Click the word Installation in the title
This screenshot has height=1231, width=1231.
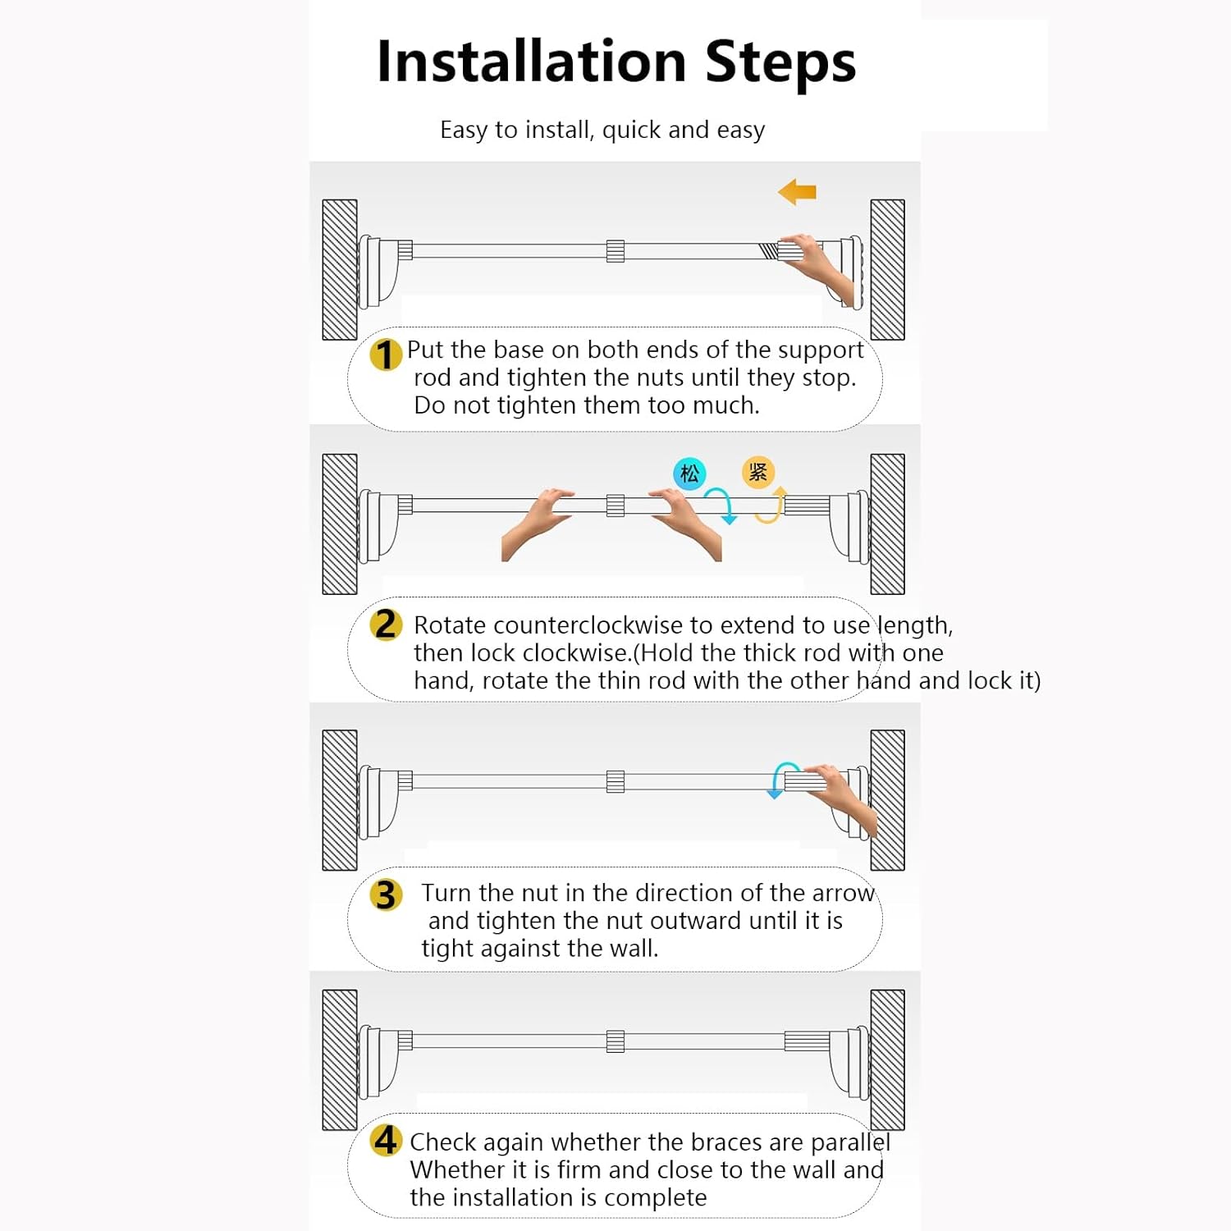pyautogui.click(x=531, y=62)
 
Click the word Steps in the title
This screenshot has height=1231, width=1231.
pyautogui.click(x=780, y=64)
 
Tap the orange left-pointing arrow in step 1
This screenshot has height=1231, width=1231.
pyautogui.click(x=797, y=192)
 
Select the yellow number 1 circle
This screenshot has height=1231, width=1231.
pyautogui.click(x=385, y=355)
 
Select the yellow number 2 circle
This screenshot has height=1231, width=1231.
pyautogui.click(x=386, y=625)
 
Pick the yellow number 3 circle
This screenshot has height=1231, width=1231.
pyautogui.click(x=386, y=895)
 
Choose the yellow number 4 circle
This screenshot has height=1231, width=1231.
pyautogui.click(x=386, y=1140)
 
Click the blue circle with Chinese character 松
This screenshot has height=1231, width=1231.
pyautogui.click(x=689, y=474)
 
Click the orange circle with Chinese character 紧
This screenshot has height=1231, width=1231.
pyautogui.click(x=757, y=472)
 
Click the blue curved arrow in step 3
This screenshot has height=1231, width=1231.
pyautogui.click(x=779, y=778)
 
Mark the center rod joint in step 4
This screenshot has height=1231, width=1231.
pyautogui.click(x=615, y=1041)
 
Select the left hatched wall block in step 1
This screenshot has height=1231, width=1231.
pyautogui.click(x=340, y=269)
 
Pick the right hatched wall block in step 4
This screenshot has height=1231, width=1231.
pyautogui.click(x=887, y=1059)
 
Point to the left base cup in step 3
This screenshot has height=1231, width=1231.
pyautogui.click(x=378, y=800)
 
